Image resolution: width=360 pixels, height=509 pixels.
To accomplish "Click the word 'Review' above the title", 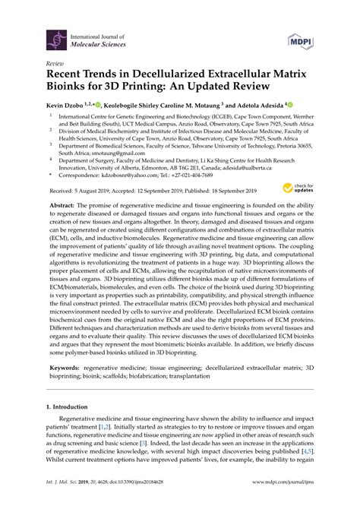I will coord(55,65).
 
